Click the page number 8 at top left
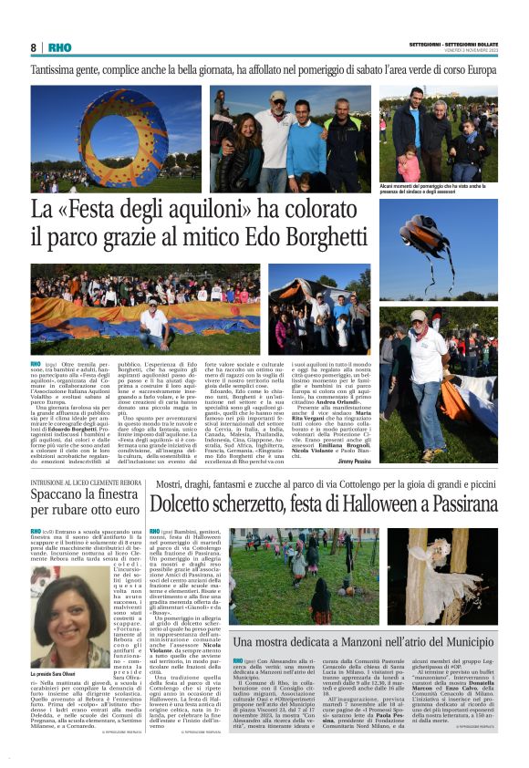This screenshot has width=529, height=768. point(34,47)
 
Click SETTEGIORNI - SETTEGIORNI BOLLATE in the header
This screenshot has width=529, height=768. point(453,43)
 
